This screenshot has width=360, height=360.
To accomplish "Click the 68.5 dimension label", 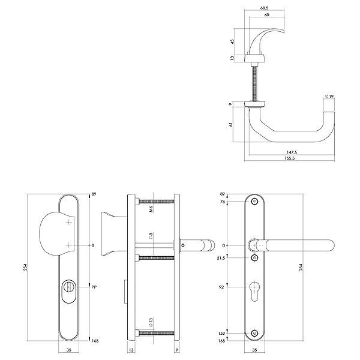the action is point(264,8).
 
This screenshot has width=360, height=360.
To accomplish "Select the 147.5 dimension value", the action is point(292,152).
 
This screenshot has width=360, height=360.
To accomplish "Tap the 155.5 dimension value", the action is point(289,158).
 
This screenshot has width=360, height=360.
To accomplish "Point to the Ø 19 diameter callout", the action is point(329,97).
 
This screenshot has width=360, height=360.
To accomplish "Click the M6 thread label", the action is point(151,209).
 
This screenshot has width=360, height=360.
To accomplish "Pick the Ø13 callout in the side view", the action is point(151,322).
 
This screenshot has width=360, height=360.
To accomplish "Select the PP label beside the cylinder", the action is point(94,287).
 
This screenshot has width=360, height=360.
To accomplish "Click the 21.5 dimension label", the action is point(221,258).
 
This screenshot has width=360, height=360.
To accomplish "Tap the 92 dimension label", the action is point(221,287).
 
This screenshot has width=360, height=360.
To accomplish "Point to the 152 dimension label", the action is point(221,333).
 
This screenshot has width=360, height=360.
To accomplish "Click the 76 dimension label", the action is point(223,202).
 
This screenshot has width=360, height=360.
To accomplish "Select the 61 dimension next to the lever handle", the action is point(231,124).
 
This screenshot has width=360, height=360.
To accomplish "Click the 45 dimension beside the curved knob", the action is point(232,41).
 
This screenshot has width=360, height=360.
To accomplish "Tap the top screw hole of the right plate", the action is point(254,202).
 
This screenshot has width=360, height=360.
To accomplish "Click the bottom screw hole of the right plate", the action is point(254,333).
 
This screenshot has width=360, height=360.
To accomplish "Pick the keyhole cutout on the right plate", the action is point(254,291).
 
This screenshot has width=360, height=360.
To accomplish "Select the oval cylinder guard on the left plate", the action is point(68,291).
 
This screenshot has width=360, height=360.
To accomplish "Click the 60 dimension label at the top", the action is point(266,14).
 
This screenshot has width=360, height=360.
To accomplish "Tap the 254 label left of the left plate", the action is point(25,267).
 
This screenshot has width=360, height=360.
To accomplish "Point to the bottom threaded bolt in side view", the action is point(157,333).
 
